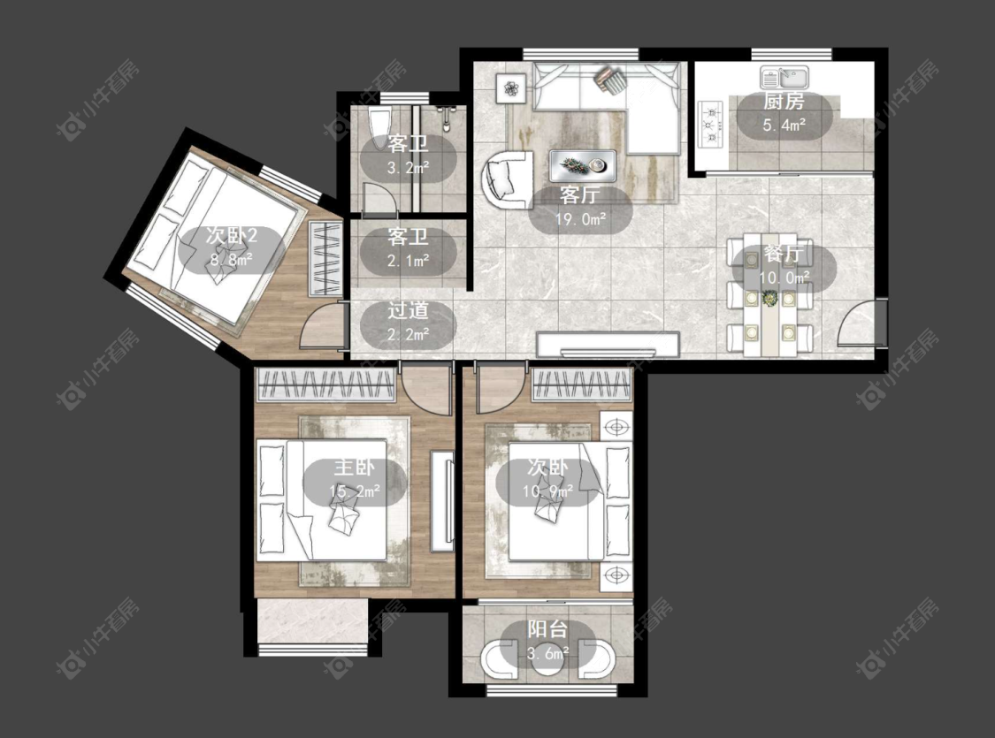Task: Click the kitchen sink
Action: pyautogui.click(x=785, y=78)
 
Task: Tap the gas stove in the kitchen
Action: pyautogui.click(x=711, y=125)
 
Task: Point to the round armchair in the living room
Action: pyautogui.click(x=507, y=179)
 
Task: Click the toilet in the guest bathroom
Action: pyautogui.click(x=380, y=127)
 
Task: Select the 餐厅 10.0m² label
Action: pyautogui.click(x=785, y=266)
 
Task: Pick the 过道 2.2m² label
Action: pyautogui.click(x=408, y=322)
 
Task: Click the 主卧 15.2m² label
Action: pyautogui.click(x=354, y=480)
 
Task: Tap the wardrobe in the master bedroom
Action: pyautogui.click(x=325, y=384)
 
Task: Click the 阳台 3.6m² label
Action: pyautogui.click(x=548, y=641)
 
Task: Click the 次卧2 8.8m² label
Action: pyautogui.click(x=231, y=248)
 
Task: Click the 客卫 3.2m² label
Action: pyautogui.click(x=408, y=156)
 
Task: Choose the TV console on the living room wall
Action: pyautogui.click(x=608, y=344)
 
